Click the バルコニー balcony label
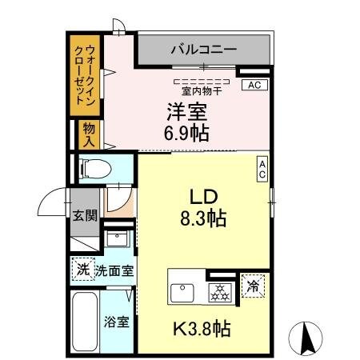203,50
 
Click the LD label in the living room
203,196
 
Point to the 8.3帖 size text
203,217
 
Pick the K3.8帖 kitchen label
205,329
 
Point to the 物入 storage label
88,134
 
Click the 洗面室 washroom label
114,270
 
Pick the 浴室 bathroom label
117,322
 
